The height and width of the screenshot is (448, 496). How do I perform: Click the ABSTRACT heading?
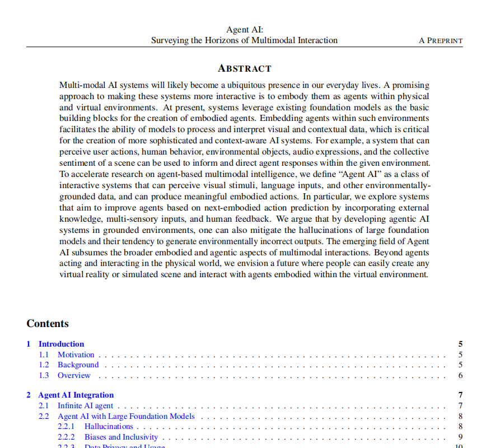coord(244,68)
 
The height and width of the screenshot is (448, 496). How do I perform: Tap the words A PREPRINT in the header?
coord(441,41)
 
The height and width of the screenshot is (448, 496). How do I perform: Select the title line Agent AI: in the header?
coord(245,30)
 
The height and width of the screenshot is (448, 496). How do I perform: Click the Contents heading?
coord(48,324)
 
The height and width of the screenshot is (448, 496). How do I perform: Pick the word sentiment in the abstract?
coord(78,163)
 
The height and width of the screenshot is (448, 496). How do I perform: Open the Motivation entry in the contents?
coord(76,354)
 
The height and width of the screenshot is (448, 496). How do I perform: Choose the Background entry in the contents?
coord(78,365)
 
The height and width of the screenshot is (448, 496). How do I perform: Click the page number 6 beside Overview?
coord(460,376)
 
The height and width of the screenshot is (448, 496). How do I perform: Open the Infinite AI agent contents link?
coord(86,405)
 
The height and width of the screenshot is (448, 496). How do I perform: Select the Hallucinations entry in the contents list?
coord(109,427)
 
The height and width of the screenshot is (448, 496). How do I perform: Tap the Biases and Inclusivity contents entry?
coord(121,437)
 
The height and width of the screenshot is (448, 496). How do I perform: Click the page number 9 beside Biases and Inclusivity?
coord(460,437)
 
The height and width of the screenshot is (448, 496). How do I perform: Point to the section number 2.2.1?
coord(67,427)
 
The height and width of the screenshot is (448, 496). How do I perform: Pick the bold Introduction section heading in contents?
coord(61,344)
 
